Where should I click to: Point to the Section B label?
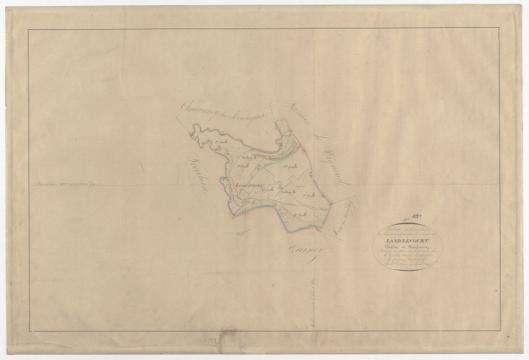tap(288, 192)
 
